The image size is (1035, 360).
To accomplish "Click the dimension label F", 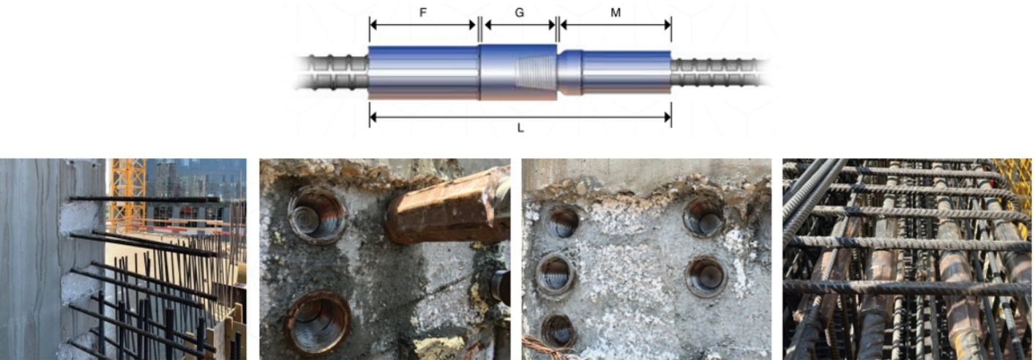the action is (423, 13).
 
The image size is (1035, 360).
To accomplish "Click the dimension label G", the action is (520, 13).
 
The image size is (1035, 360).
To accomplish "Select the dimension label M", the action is (616, 13).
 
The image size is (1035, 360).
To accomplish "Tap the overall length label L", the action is (520, 129).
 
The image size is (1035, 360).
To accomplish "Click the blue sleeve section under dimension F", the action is (424, 72).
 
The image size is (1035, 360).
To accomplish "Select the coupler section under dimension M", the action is (614, 72).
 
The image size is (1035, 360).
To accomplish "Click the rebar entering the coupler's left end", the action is (332, 72).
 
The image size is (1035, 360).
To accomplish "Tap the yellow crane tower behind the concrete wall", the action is (127, 194).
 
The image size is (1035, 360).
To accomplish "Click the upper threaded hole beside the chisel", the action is (318, 215).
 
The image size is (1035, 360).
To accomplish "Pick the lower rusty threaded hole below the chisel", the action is (318, 322).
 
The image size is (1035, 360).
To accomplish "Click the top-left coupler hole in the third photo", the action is (563, 222).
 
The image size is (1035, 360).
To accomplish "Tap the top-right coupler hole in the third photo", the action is (703, 217).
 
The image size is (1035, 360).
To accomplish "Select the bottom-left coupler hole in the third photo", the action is (558, 331).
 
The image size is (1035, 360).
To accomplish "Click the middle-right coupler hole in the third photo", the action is (706, 277).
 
